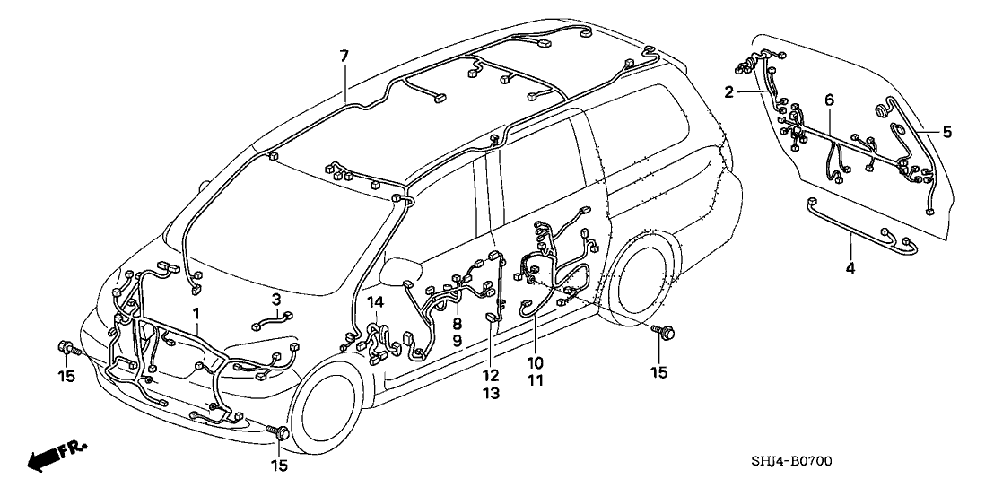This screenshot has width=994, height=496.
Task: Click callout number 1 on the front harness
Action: [196, 312]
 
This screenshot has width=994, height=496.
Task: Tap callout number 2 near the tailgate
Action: [729, 91]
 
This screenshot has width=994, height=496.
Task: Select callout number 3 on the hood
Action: [276, 298]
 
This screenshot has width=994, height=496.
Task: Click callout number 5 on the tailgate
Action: [946, 132]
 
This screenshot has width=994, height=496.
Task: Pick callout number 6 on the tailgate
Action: [829, 99]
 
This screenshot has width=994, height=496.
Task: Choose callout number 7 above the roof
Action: [344, 56]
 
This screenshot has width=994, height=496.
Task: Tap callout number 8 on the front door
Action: [457, 324]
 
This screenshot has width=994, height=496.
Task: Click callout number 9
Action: [457, 341]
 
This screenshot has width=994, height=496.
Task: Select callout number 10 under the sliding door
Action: [535, 362]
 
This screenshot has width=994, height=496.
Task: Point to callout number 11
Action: [535, 379]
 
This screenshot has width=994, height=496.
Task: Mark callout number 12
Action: [488, 375]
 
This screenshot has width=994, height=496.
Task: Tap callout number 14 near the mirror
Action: [377, 302]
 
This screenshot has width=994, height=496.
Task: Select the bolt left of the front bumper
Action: [66, 347]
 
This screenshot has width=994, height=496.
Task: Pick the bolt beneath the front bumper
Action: [280, 434]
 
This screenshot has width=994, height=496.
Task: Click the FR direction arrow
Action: [50, 457]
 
